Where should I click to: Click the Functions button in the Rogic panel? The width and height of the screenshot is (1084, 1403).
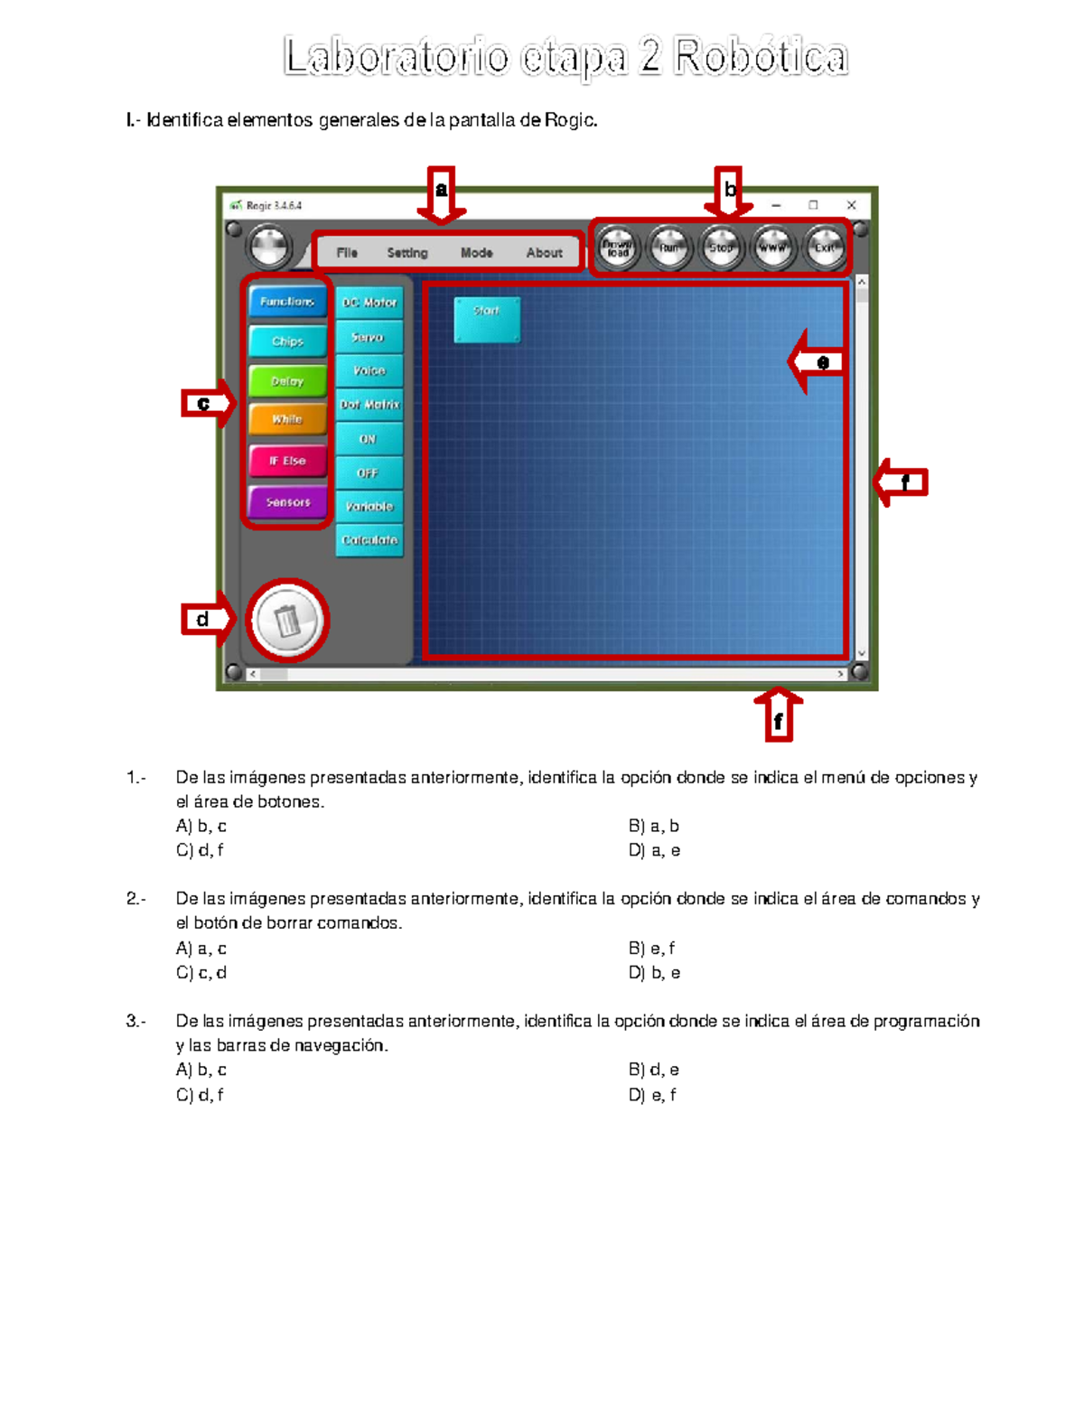(x=287, y=302)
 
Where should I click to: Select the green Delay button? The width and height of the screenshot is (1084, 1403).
(x=287, y=381)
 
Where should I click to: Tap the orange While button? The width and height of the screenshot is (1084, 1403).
(x=287, y=420)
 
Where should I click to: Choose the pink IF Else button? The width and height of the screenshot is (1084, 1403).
(x=287, y=461)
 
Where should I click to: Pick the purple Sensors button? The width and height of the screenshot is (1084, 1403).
(x=287, y=502)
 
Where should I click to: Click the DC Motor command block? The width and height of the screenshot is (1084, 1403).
(x=369, y=303)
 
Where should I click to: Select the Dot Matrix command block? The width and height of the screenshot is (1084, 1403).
(x=369, y=405)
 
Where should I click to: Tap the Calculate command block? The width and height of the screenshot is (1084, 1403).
(x=369, y=540)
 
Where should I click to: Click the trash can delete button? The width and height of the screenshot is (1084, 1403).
(x=287, y=621)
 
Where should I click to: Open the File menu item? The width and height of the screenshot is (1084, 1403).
(x=347, y=253)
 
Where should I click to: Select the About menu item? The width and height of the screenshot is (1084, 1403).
(x=544, y=253)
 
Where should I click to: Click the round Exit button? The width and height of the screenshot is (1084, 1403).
(x=824, y=248)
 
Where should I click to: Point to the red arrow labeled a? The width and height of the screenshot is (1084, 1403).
(x=441, y=195)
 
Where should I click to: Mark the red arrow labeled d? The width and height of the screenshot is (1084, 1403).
(x=208, y=620)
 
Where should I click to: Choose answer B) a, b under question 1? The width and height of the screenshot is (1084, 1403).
(x=653, y=826)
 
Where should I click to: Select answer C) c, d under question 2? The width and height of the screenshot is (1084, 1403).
(x=201, y=973)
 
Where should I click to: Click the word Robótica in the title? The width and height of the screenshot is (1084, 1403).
(x=761, y=58)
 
